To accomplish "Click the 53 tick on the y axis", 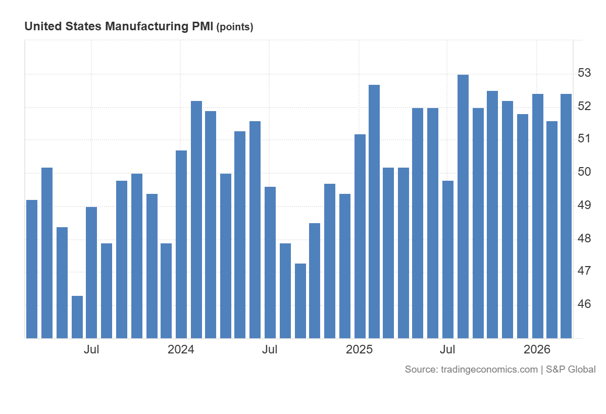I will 584,73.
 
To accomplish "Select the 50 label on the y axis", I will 584,172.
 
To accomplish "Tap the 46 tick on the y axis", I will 584,304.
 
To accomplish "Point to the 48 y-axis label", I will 584,238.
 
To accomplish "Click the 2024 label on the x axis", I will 181,349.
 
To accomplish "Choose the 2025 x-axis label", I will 359,349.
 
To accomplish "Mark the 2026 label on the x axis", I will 537,349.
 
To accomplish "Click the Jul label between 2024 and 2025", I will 270,349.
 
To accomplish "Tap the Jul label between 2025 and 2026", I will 448,349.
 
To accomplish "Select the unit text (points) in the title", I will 234,27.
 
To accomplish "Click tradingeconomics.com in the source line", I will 489,370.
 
